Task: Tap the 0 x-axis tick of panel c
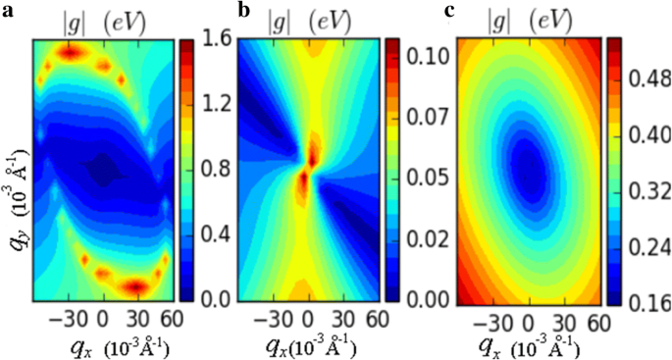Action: [x=527, y=322]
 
